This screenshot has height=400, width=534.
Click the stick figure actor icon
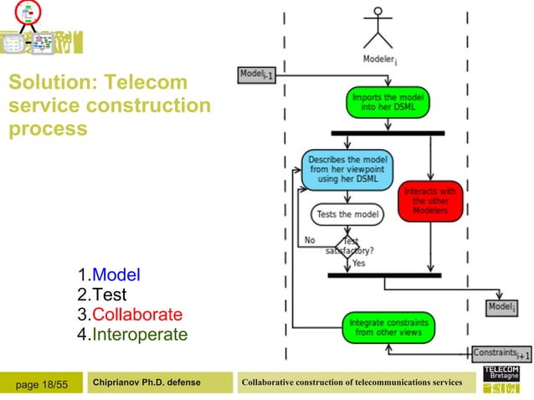point(378,27)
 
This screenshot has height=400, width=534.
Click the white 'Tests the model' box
point(347,214)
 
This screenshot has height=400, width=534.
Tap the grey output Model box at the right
point(502,309)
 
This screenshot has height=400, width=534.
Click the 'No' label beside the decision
point(310,240)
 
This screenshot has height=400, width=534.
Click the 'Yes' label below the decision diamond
point(359,263)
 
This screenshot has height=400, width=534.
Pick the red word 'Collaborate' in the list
point(136,315)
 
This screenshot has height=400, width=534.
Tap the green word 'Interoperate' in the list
point(139,335)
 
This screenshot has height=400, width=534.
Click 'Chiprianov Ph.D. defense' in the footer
point(147,382)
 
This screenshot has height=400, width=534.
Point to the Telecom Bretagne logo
point(501,378)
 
